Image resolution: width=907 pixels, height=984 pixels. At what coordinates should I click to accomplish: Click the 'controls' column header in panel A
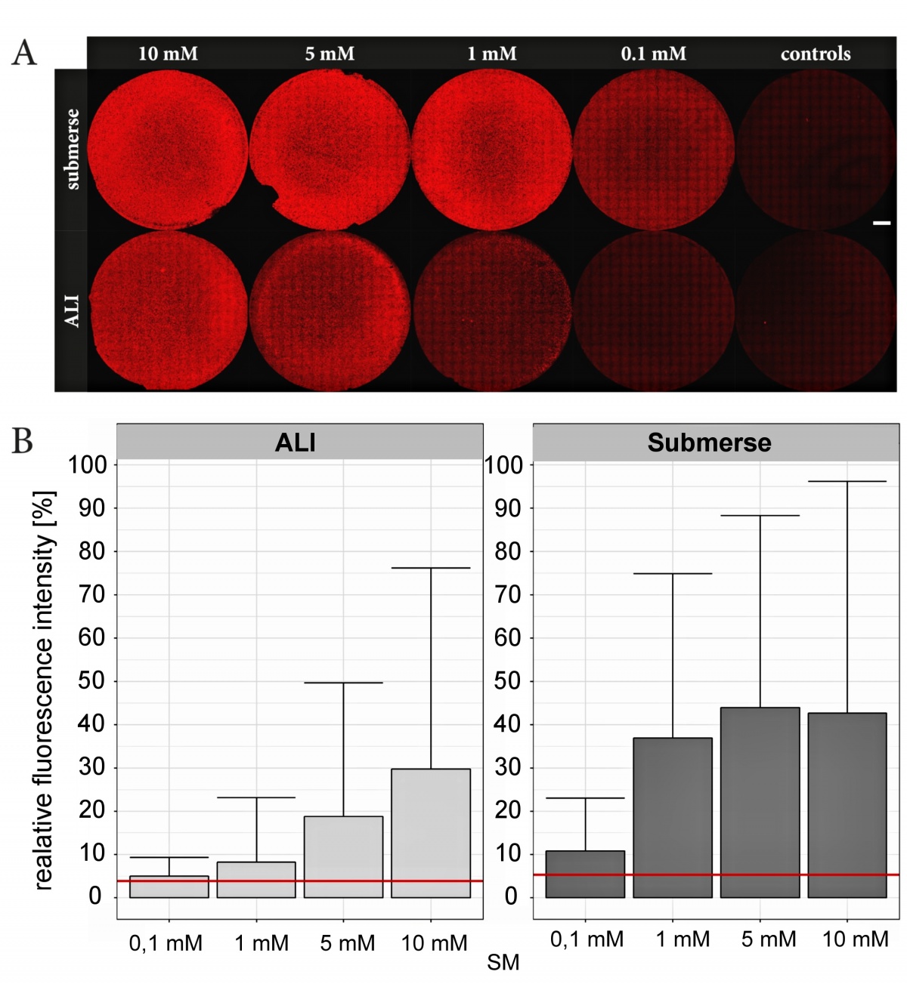pos(816,54)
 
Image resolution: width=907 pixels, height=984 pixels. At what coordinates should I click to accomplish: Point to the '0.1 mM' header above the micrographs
pos(654,54)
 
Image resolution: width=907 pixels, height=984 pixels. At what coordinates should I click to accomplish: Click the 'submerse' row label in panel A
pos(72,149)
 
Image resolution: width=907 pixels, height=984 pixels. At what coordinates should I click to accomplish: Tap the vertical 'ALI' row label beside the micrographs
pos(72,311)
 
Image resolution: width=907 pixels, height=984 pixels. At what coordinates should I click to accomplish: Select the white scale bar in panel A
pos(881,223)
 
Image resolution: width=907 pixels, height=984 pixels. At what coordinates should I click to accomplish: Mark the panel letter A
pos(24,53)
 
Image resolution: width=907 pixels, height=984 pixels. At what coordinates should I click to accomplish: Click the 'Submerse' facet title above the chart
pos(709,443)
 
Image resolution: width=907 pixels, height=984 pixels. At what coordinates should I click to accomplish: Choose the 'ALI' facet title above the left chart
pos(296,443)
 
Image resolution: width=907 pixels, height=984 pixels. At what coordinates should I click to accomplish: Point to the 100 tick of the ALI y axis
pos(88,464)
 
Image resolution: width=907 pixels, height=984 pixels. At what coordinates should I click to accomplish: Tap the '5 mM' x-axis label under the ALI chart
pos(347,943)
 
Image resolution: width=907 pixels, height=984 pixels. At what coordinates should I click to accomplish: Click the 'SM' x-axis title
pos(503,963)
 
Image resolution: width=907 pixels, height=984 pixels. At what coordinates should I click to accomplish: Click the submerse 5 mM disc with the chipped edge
pos(330,150)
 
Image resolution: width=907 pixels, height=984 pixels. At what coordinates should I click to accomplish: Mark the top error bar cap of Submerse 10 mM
pos(847,481)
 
